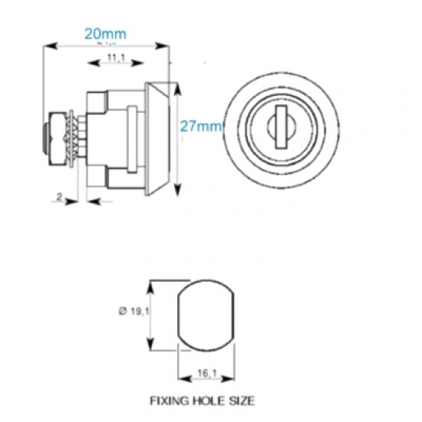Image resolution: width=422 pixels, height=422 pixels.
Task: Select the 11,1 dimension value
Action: click(x=116, y=58)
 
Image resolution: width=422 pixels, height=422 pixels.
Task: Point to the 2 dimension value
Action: click(x=60, y=196)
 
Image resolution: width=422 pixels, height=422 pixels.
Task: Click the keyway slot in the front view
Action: click(x=280, y=127)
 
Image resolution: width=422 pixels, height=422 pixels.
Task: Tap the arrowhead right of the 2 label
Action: click(x=74, y=202)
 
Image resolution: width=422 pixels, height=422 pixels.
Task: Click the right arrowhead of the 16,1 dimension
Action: click(x=227, y=378)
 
